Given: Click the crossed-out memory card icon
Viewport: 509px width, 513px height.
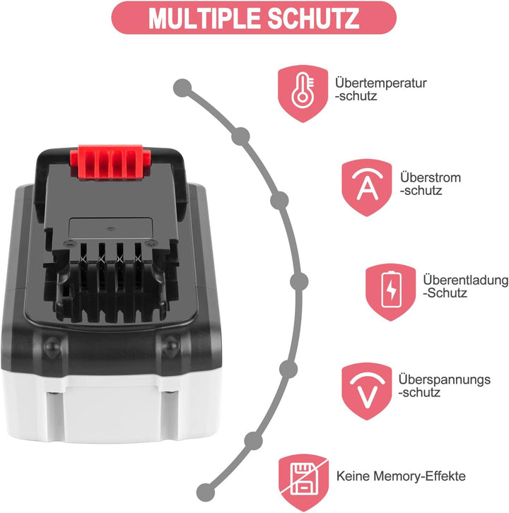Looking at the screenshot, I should (302, 478).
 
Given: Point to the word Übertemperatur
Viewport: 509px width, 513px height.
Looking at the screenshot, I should (380, 83).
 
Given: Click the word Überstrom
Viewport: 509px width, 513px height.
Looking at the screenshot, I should (430, 177).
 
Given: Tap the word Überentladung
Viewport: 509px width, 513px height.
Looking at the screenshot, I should (465, 281).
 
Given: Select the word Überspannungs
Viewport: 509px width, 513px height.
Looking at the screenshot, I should (444, 379).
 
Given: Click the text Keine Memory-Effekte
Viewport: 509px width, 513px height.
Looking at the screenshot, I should (401, 477).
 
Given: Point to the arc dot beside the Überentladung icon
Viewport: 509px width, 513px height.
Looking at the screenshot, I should (299, 281).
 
